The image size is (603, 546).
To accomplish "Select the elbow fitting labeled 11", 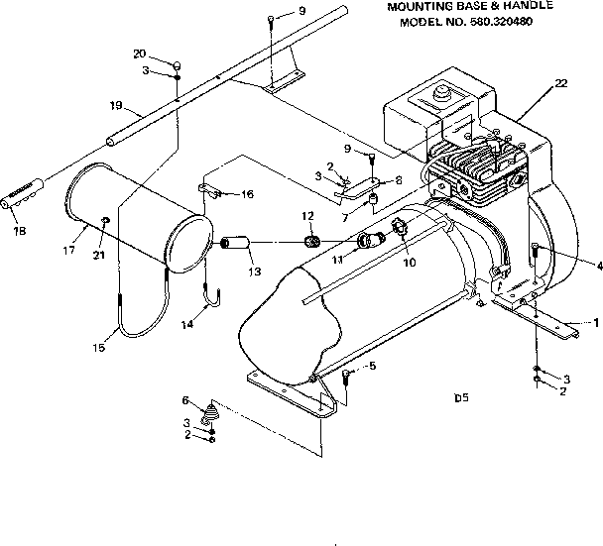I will [x=370, y=240].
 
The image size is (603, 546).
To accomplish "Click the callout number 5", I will [x=372, y=366].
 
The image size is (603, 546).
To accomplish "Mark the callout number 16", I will [x=247, y=194].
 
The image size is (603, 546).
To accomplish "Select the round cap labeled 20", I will [x=176, y=65].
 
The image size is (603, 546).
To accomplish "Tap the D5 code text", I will [x=461, y=400].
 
